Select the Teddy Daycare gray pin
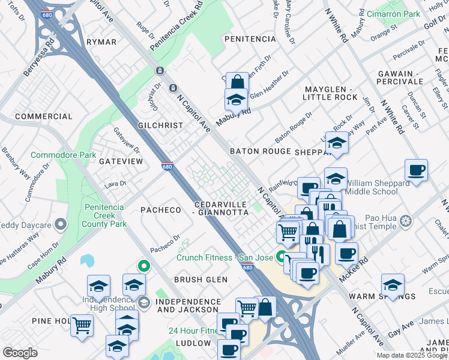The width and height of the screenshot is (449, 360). pos(60,225)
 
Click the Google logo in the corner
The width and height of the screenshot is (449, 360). pos(20,353)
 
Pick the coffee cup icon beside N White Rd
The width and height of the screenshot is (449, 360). pos(416,171)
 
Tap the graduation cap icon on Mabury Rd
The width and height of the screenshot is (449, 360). pos(237,99)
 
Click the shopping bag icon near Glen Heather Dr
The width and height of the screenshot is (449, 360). pos(237,82)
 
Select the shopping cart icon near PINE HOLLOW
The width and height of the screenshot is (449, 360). pos(82,325)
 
